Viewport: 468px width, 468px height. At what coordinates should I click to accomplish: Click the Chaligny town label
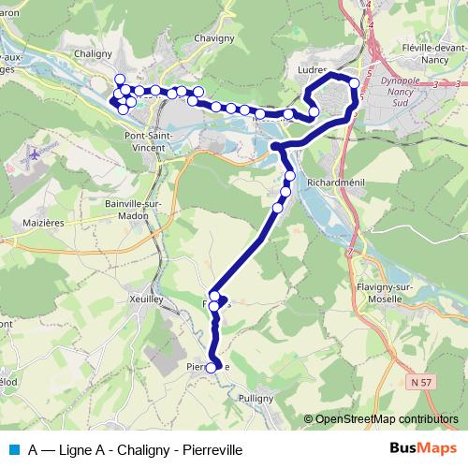coord(92,54)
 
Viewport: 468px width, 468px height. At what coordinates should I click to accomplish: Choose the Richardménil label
coord(337,183)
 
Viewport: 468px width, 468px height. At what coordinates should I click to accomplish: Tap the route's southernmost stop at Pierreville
coord(211,368)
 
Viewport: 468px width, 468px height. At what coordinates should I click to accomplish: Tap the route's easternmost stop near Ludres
coord(355,84)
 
